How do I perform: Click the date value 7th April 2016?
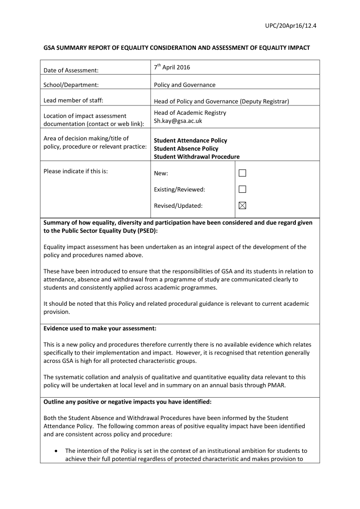point(172,67)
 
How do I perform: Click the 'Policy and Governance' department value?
point(184,85)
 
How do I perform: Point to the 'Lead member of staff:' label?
point(73,101)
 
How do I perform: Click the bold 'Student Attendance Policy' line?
point(190,141)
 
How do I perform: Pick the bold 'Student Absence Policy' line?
point(186,149)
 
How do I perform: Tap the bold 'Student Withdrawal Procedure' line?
point(196,157)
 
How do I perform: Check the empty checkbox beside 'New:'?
point(242,173)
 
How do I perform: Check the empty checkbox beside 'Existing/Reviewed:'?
point(242,189)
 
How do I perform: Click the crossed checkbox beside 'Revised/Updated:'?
point(242,205)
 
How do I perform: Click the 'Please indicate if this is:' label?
point(76,171)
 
